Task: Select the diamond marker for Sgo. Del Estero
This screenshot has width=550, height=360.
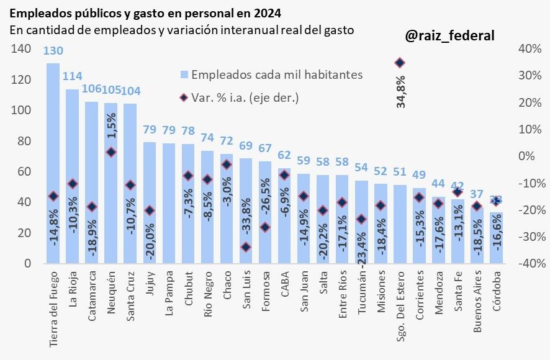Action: click(400, 63)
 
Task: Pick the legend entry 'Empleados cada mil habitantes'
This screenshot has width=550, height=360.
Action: click(277, 74)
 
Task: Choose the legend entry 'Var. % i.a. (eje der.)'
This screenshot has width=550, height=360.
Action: click(245, 97)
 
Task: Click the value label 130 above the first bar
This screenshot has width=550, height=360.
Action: click(53, 52)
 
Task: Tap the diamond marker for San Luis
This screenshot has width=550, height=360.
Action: click(246, 247)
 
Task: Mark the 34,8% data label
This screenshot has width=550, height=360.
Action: click(400, 92)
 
